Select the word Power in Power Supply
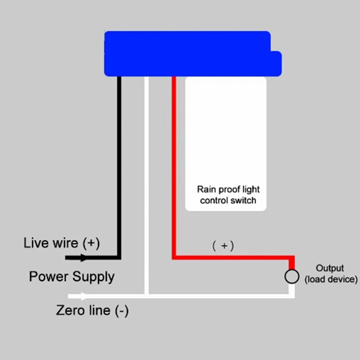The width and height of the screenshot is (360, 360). (49, 276)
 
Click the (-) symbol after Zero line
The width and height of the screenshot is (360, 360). (122, 310)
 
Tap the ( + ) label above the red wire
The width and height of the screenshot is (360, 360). (223, 246)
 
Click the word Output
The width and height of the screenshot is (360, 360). (330, 268)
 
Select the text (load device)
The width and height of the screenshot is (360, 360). (331, 279)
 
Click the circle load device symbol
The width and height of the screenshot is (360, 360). (292, 277)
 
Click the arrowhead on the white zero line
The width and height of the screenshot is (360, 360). (84, 296)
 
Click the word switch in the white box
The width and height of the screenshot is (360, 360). (244, 201)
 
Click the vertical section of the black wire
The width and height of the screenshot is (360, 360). (119, 162)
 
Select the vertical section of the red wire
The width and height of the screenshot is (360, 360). (174, 162)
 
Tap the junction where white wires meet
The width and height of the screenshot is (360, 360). (147, 296)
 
